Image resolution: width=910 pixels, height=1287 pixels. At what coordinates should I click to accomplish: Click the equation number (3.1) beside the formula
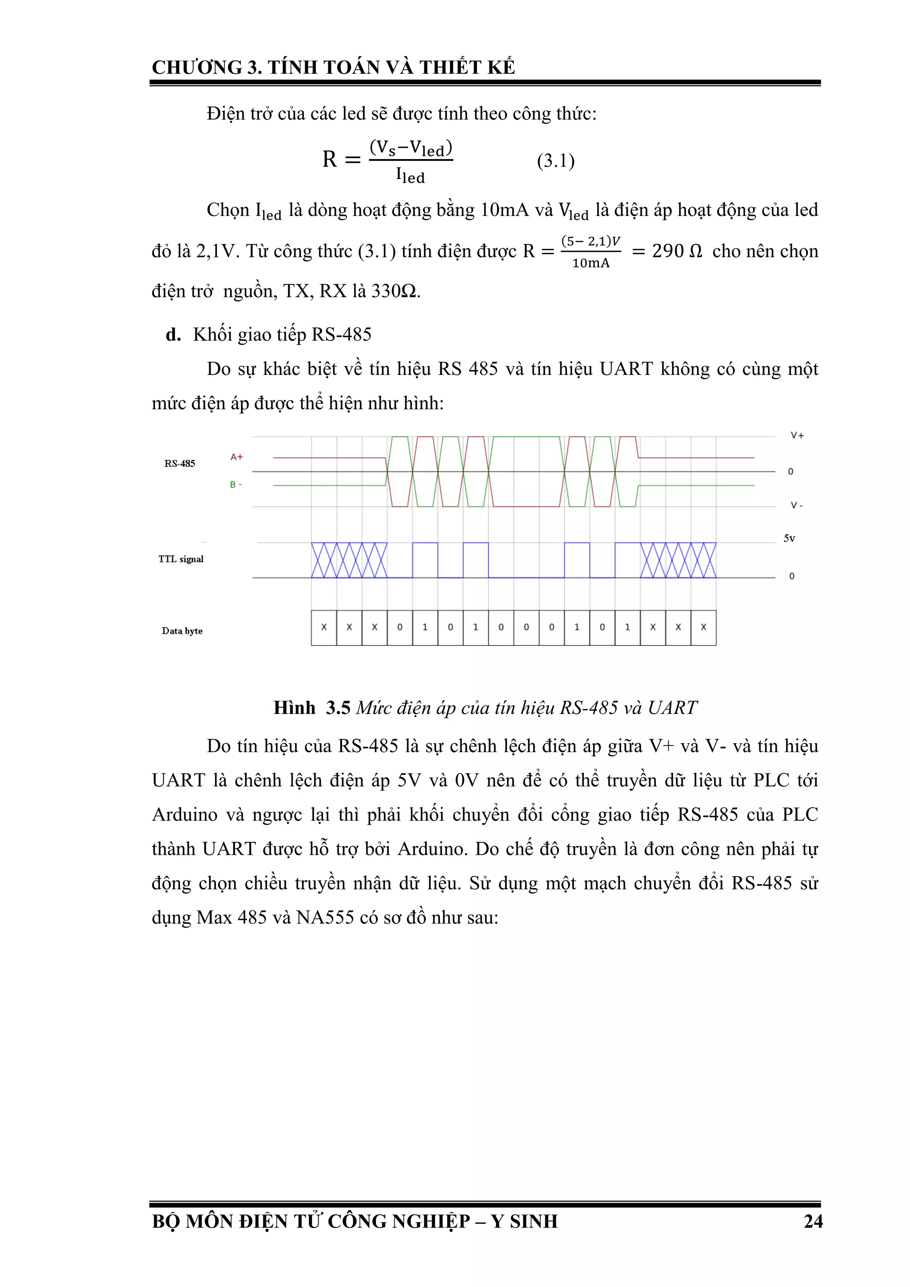tap(555, 161)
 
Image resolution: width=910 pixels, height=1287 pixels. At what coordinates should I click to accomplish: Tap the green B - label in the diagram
tap(235, 484)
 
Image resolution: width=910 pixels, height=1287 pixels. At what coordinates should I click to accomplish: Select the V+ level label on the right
tap(797, 435)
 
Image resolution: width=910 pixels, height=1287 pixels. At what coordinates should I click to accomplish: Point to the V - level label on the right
tap(796, 506)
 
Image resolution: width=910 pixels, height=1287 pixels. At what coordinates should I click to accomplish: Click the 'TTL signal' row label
tap(180, 559)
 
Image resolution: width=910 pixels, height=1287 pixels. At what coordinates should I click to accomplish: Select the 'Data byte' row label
tap(182, 630)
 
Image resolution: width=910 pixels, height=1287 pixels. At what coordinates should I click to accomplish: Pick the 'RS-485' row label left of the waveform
tap(180, 463)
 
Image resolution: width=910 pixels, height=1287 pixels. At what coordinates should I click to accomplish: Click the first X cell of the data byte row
tap(324, 627)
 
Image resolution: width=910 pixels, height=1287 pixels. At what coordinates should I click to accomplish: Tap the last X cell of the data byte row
tap(703, 627)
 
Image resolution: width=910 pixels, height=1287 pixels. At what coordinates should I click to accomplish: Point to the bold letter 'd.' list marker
tap(173, 335)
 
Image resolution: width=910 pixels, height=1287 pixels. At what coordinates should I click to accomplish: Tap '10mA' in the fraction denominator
tap(591, 263)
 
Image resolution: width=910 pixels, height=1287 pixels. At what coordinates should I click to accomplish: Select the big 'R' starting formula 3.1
tap(330, 160)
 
